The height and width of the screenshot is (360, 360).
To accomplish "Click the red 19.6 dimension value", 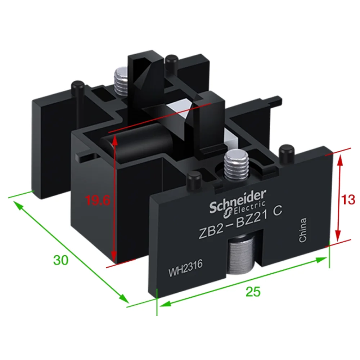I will pos(98,201).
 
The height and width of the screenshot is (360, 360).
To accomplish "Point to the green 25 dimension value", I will pos(253,292).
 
